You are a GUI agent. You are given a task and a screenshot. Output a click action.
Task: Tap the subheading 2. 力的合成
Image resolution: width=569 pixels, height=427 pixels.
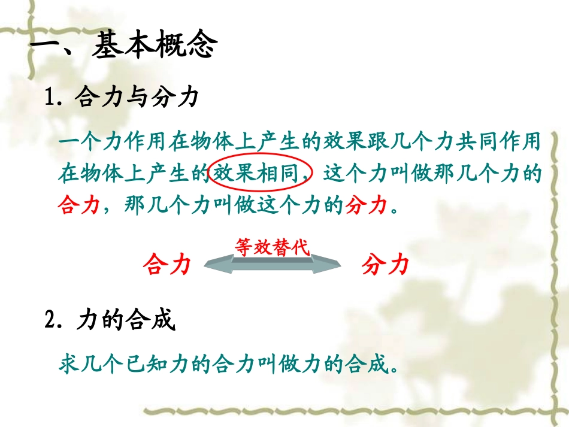point(111,321)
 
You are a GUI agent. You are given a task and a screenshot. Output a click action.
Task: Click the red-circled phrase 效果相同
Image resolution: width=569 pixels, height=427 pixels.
point(261,174)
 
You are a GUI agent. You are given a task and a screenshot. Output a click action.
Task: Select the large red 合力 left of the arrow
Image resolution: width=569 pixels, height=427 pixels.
point(167,264)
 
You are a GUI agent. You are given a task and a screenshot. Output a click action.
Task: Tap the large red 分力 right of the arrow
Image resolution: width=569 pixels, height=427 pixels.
point(385,264)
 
